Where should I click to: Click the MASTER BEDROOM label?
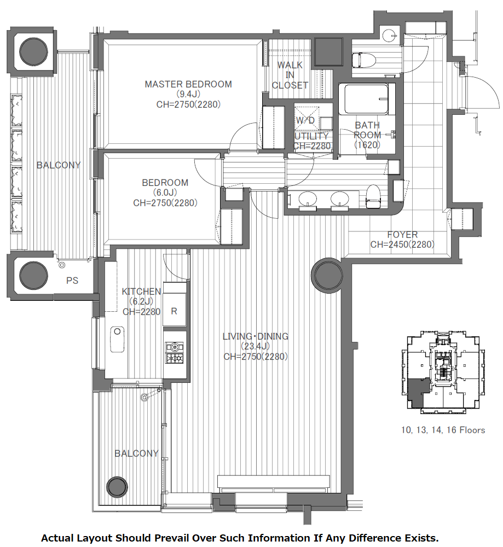coord(188,84)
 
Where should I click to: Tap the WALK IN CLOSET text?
coord(290,75)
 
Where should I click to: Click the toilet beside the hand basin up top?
coord(363,60)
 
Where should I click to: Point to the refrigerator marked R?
coord(174,311)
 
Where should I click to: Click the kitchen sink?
coord(117,340)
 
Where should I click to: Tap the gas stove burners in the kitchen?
coord(175,353)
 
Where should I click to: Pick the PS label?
coord(72,281)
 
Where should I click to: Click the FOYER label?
coord(402,235)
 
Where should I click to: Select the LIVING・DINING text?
coord(256,336)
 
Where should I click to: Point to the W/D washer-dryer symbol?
coord(307,115)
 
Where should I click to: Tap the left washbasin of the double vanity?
coord(308,199)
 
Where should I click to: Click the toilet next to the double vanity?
coord(373,196)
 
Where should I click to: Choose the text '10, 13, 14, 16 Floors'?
coord(443,430)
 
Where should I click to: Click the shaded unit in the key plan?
coord(416,392)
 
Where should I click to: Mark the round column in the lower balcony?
coord(117,487)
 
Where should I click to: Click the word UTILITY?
coord(311,136)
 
